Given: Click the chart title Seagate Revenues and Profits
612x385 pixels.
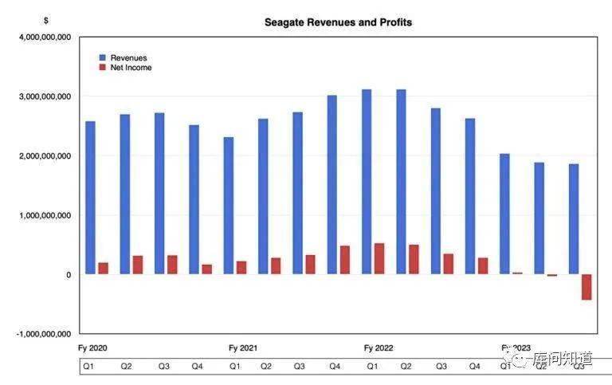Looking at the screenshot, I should coord(338,22).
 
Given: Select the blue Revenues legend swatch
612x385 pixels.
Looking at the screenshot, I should coord(102,58).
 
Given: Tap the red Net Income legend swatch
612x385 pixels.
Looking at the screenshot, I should coord(102,68).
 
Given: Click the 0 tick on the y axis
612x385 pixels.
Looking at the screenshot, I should coord(69,275).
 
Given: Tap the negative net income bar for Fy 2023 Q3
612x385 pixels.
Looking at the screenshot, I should coord(586,287).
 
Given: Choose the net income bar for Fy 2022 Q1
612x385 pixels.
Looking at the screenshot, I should coord(379,259).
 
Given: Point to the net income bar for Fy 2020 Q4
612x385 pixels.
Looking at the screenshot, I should coord(207,269).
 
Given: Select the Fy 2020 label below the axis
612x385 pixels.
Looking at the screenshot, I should coord(93,348).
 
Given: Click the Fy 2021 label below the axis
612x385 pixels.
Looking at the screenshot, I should coord(242,348).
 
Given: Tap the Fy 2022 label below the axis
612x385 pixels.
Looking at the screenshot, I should coord(379,348).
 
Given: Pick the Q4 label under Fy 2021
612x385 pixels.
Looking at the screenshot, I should coord(335,367).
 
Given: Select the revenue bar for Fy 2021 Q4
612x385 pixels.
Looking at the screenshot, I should coord(332,185).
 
